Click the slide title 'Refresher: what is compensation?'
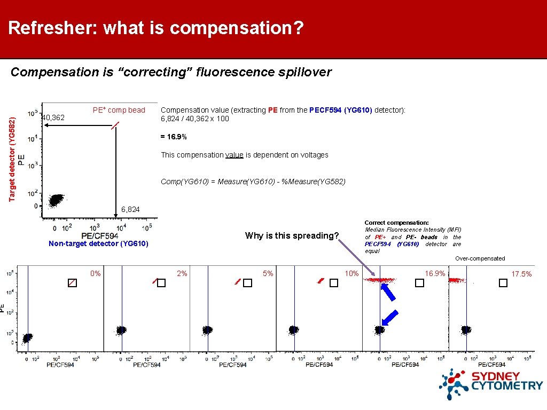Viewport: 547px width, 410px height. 156,28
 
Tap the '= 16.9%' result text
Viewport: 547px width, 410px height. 174,137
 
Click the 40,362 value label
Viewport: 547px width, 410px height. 53,117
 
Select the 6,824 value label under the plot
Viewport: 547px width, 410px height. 130,209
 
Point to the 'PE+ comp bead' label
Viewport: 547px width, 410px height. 119,110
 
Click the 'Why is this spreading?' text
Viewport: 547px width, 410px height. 292,235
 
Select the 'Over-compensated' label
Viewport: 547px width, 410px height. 480,258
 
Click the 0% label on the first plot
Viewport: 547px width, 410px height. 96,273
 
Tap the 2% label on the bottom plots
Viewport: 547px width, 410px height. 182,273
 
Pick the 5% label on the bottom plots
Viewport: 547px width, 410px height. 268,273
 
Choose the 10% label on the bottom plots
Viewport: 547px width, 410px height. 351,273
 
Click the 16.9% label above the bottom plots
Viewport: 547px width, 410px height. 435,273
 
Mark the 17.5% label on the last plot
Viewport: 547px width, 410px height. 521,274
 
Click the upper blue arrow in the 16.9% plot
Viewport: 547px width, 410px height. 388,293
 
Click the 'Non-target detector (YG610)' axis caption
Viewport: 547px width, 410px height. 98,244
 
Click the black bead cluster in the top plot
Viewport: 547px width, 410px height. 56,200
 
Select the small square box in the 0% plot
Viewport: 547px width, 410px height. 72,283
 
